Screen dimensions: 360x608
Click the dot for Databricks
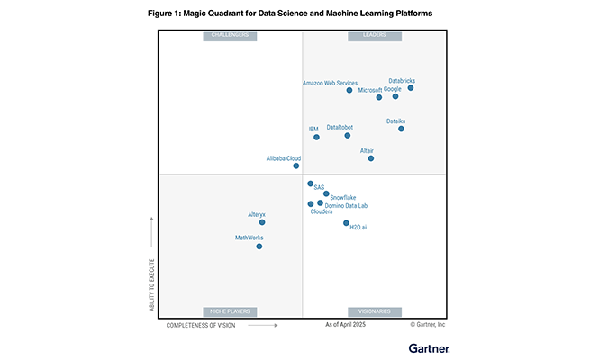click(411, 88)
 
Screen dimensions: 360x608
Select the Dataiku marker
click(401, 129)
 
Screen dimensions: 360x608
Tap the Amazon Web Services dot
click(349, 90)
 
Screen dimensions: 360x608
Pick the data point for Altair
click(371, 158)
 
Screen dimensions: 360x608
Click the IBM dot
click(315, 138)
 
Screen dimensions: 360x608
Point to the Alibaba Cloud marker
click(295, 166)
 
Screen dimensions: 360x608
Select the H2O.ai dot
click(346, 222)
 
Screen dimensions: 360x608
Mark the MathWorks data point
click(259, 246)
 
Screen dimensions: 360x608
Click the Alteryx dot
click(262, 222)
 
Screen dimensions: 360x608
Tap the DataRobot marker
click(347, 136)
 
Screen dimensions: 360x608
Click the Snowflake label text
click(343, 197)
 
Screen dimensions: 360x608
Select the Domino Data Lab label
click(346, 205)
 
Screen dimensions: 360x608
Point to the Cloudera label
click(322, 211)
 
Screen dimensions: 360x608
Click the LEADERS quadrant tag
click(376, 36)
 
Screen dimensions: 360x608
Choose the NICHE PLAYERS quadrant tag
click(230, 311)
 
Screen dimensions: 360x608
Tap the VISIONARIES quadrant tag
click(376, 311)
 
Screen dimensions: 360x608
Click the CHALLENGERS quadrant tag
click(230, 36)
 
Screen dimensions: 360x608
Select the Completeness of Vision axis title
click(201, 325)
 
